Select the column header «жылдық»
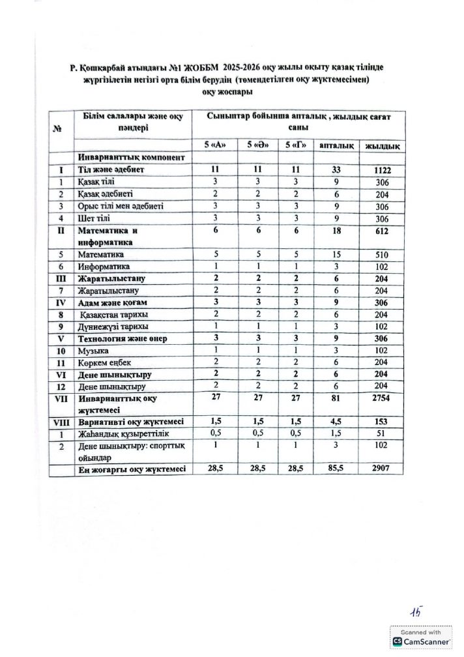click(x=382, y=145)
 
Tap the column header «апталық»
click(x=336, y=145)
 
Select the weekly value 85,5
click(x=336, y=469)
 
